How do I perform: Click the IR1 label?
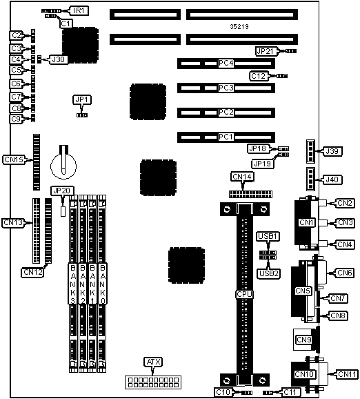(x=79, y=10)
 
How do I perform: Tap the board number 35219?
(x=239, y=26)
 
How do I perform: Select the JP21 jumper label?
(x=265, y=51)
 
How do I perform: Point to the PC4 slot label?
(x=226, y=63)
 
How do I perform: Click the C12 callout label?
(x=258, y=76)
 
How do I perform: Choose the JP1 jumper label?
(x=82, y=99)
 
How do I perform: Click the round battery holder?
(x=63, y=166)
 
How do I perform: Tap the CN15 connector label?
(x=14, y=159)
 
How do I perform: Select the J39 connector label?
(x=332, y=151)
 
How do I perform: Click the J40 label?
(x=332, y=179)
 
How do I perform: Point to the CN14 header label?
(x=243, y=177)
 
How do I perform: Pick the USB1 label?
(x=268, y=236)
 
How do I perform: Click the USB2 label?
(x=269, y=273)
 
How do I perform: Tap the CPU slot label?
(x=244, y=294)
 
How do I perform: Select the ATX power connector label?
(x=153, y=362)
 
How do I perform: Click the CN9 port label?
(x=304, y=340)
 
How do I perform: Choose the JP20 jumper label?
(x=62, y=191)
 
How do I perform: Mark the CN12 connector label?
(x=32, y=272)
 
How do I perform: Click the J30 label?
(x=58, y=59)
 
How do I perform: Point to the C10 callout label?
(x=223, y=392)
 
